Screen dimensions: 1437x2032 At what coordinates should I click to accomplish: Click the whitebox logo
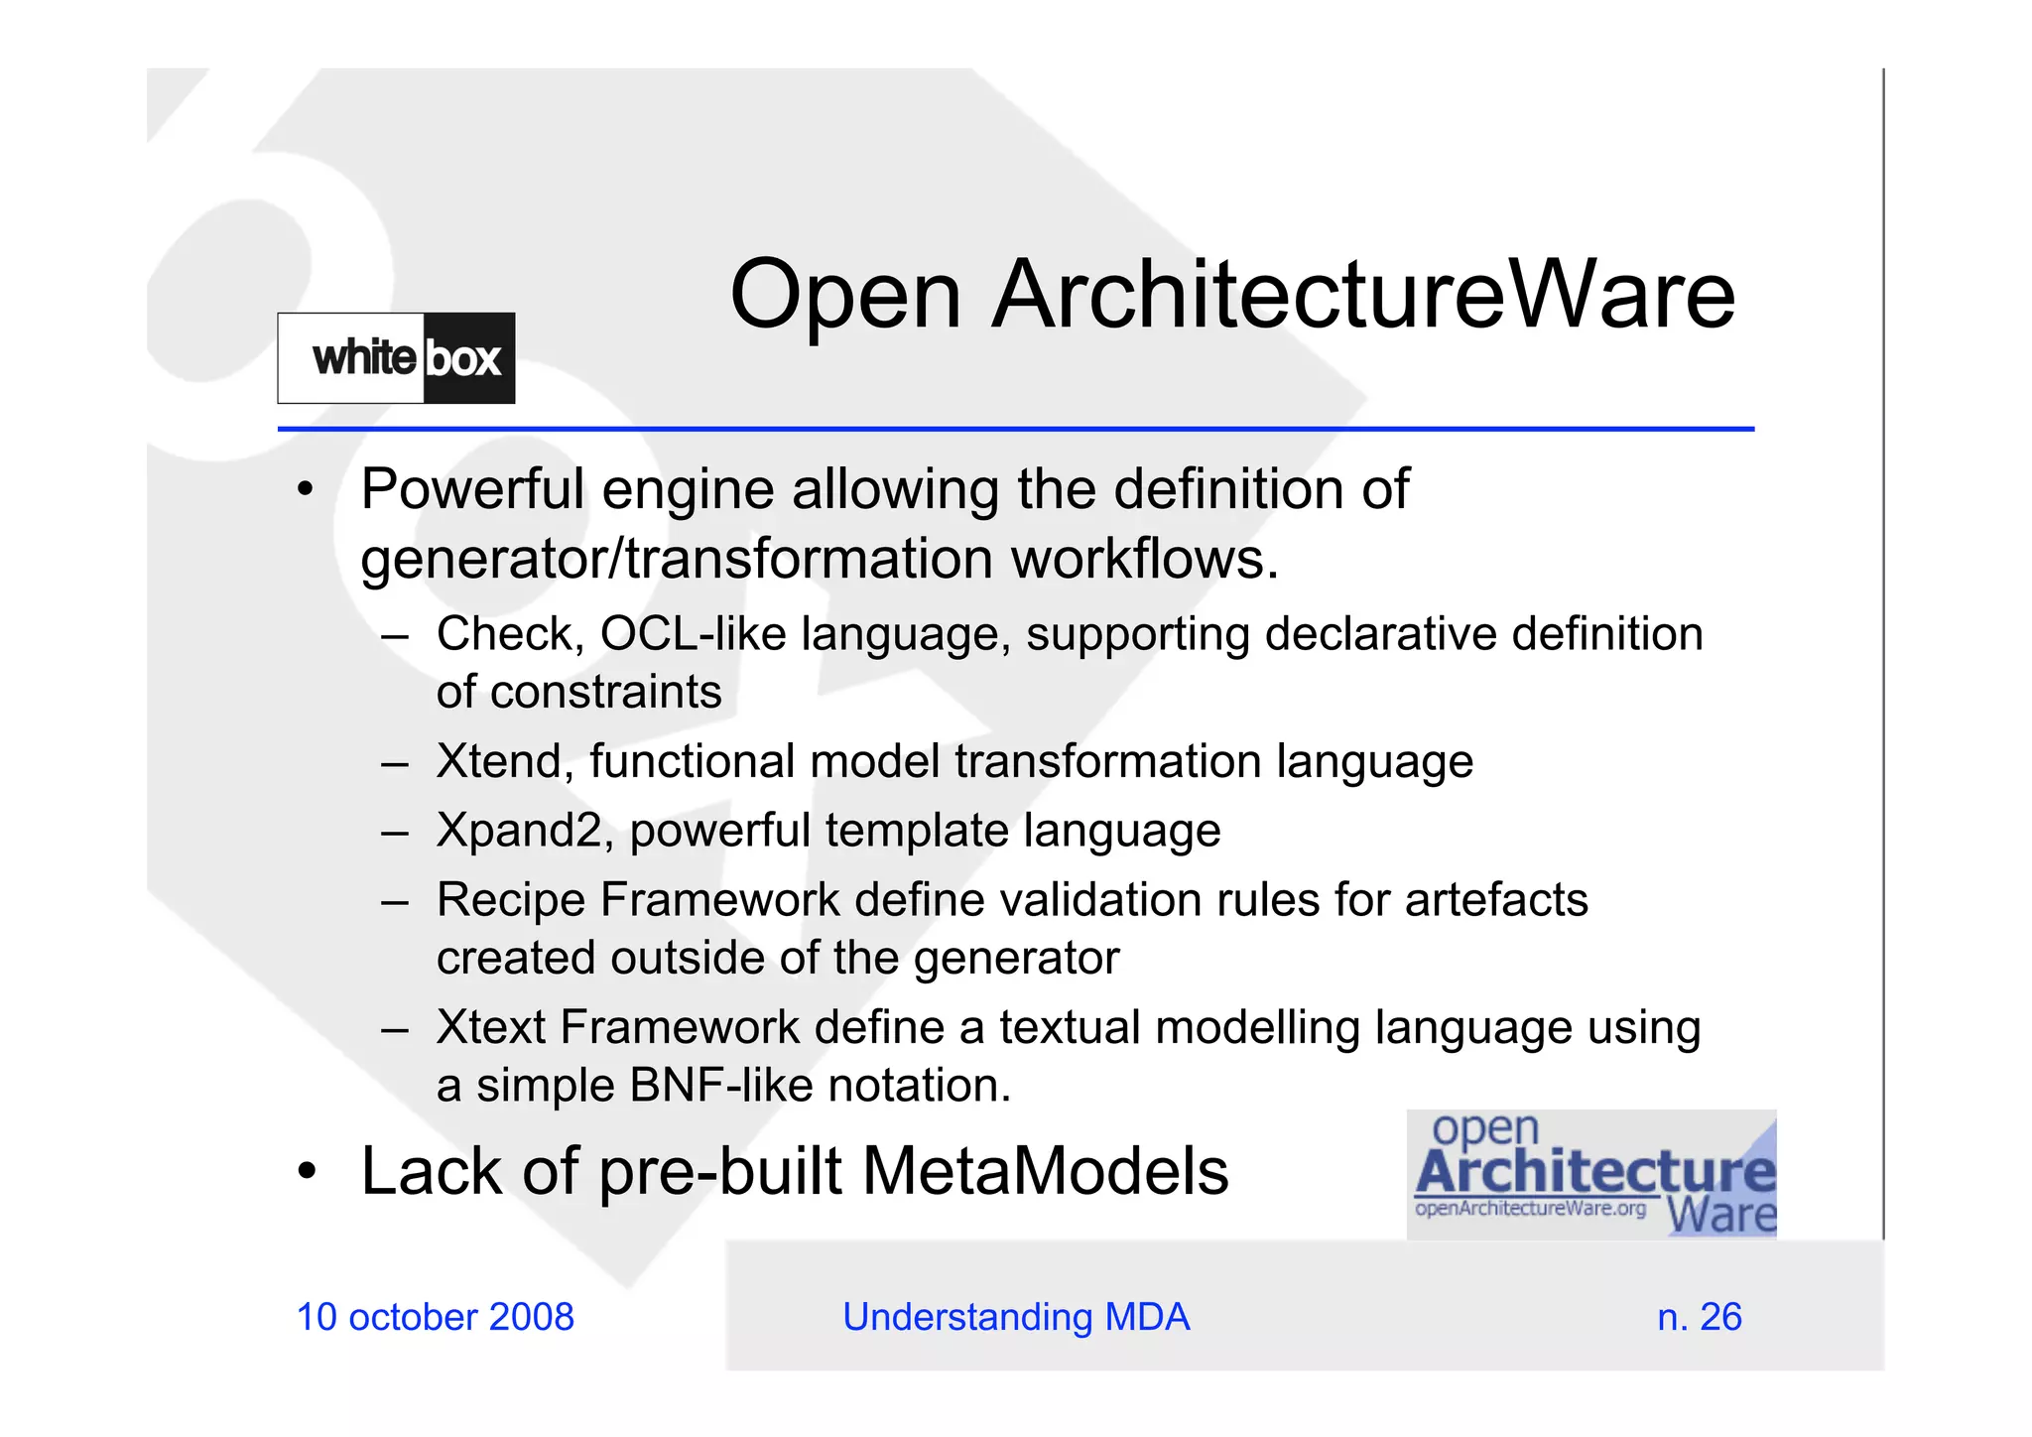[396, 358]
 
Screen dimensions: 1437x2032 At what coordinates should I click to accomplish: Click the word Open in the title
[845, 296]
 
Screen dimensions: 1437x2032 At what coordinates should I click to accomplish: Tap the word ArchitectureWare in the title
[1363, 296]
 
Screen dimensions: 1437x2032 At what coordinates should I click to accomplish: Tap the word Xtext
[491, 1028]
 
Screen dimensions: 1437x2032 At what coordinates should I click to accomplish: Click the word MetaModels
[1045, 1172]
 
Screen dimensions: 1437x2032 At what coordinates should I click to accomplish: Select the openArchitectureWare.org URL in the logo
[1530, 1209]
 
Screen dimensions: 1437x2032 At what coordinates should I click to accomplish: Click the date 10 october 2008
[436, 1318]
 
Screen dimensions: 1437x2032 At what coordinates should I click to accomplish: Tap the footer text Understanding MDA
[1016, 1318]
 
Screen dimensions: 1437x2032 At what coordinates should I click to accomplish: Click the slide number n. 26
[1699, 1318]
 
